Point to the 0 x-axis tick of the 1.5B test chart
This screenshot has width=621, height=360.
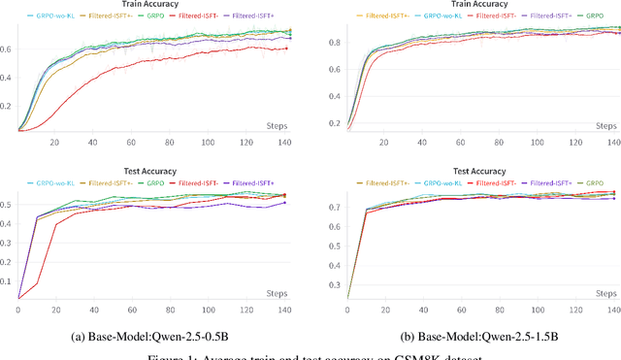pos(347,308)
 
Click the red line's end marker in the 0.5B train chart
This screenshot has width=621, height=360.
pos(286,49)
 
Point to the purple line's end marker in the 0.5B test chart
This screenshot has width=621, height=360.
pos(284,202)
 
